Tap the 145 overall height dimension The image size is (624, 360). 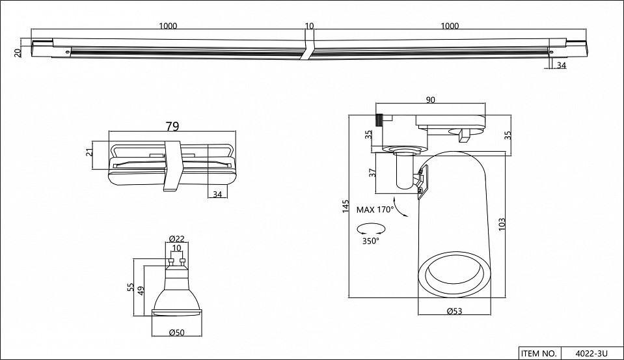[346, 207]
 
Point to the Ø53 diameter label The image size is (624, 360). [454, 312]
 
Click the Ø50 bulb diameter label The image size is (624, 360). [176, 333]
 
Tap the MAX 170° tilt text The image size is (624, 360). [376, 210]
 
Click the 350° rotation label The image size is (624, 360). [371, 241]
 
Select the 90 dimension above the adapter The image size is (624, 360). [431, 100]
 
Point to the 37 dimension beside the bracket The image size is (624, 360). [372, 173]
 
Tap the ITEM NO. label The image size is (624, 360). [538, 353]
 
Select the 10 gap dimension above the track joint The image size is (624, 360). [309, 26]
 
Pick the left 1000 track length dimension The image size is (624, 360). [167, 26]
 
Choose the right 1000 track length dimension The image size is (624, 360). [450, 26]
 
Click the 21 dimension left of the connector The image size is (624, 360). [90, 152]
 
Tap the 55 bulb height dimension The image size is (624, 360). [131, 286]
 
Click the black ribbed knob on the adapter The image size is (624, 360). [378, 119]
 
